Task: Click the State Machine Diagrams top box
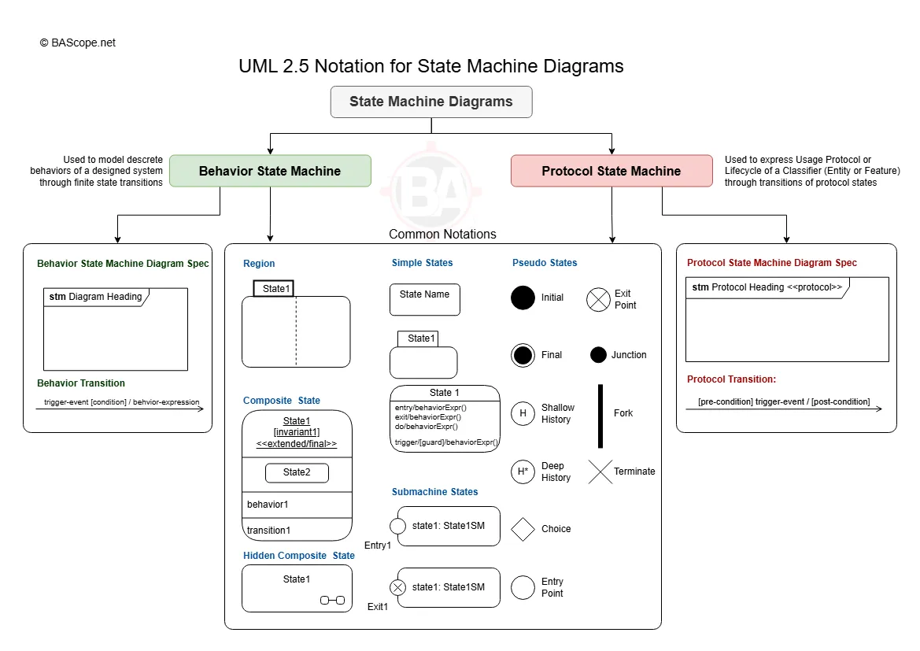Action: click(430, 102)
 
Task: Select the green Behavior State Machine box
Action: click(270, 171)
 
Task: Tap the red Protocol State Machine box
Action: click(611, 171)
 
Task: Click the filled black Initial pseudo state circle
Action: click(523, 298)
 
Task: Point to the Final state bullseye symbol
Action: click(523, 355)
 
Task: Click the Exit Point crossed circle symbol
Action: click(598, 299)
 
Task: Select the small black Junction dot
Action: click(598, 355)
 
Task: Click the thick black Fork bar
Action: click(600, 416)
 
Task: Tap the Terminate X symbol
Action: click(600, 472)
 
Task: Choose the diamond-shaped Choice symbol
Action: click(523, 529)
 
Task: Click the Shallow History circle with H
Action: click(523, 413)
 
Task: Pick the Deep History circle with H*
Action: click(523, 472)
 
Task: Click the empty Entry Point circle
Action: click(523, 587)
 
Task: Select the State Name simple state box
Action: click(425, 299)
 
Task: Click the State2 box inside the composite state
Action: click(296, 472)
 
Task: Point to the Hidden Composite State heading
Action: click(298, 556)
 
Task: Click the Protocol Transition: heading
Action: click(731, 379)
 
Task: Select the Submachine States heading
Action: click(434, 492)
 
